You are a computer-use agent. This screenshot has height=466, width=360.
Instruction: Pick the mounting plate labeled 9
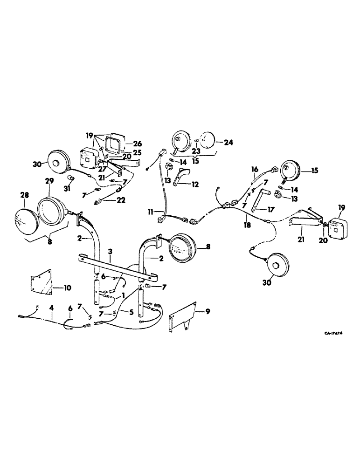coord(185,320)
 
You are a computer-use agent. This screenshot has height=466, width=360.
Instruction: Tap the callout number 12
coord(194,185)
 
